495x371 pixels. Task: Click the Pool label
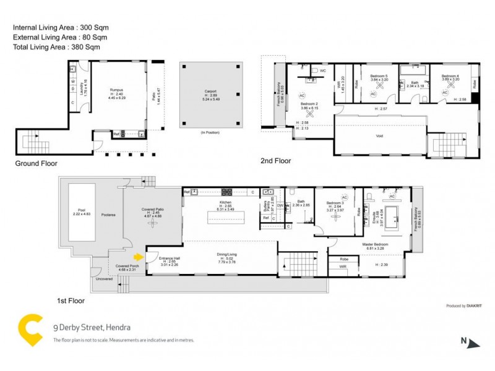(x=82, y=210)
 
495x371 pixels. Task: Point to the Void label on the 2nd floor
(x=380, y=135)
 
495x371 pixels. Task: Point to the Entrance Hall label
(x=169, y=258)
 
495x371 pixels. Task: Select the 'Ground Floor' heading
(x=36, y=164)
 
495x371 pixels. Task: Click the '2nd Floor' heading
(x=275, y=161)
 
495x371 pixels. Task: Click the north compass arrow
(x=473, y=342)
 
